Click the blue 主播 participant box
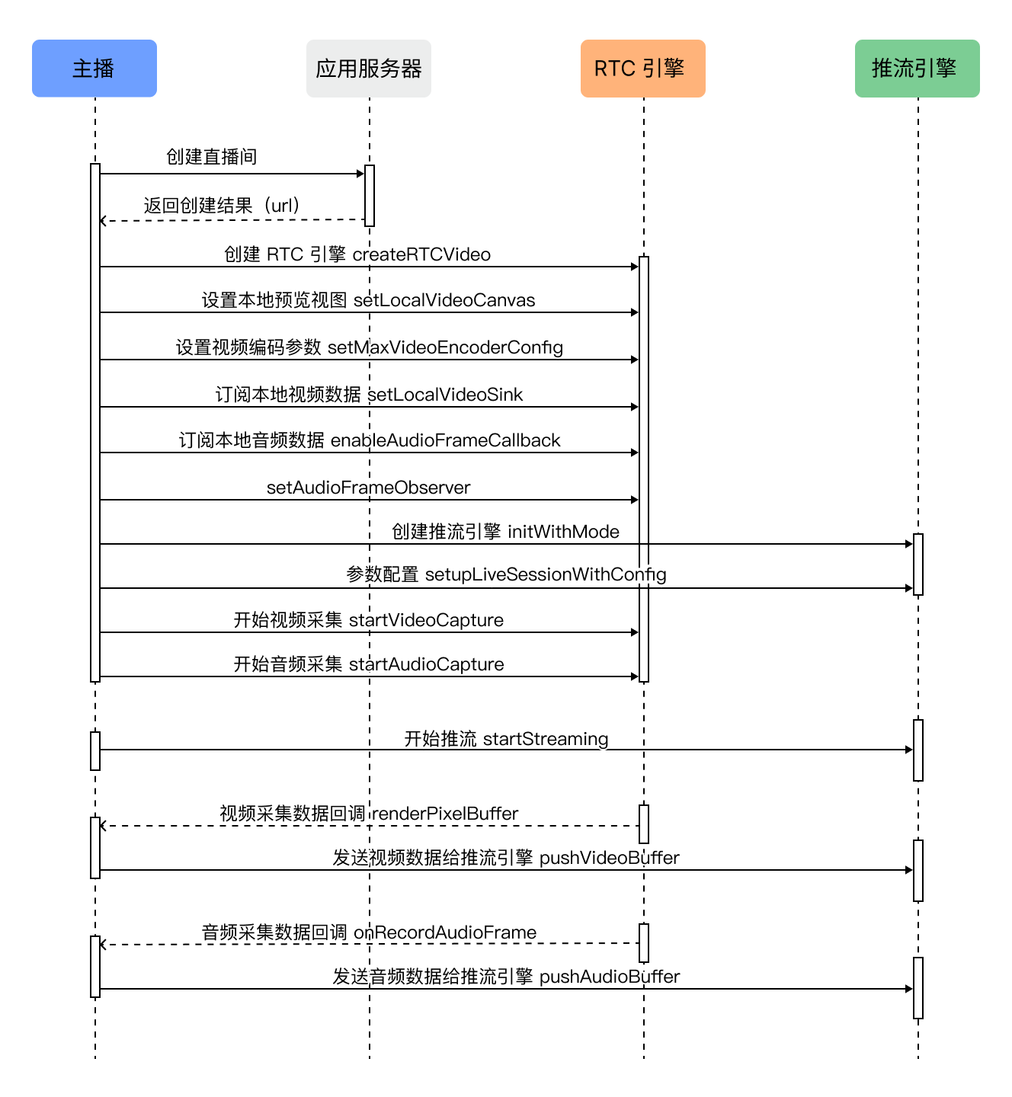(94, 68)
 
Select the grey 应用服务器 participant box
(369, 68)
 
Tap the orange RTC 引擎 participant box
(643, 68)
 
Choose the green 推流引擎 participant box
(917, 68)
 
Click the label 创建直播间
(212, 157)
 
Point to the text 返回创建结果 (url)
(222, 206)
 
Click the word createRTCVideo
(421, 254)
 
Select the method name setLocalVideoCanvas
(444, 300)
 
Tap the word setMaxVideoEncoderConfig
(446, 348)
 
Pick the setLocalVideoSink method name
(445, 395)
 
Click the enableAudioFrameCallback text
(446, 440)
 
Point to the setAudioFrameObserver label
(369, 488)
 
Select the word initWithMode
(563, 532)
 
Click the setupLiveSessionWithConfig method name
(546, 575)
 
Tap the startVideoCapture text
(426, 620)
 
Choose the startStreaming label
(546, 739)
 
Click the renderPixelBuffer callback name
(446, 814)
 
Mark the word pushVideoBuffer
(609, 858)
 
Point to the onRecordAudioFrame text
(445, 932)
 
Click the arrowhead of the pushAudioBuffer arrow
(909, 989)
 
